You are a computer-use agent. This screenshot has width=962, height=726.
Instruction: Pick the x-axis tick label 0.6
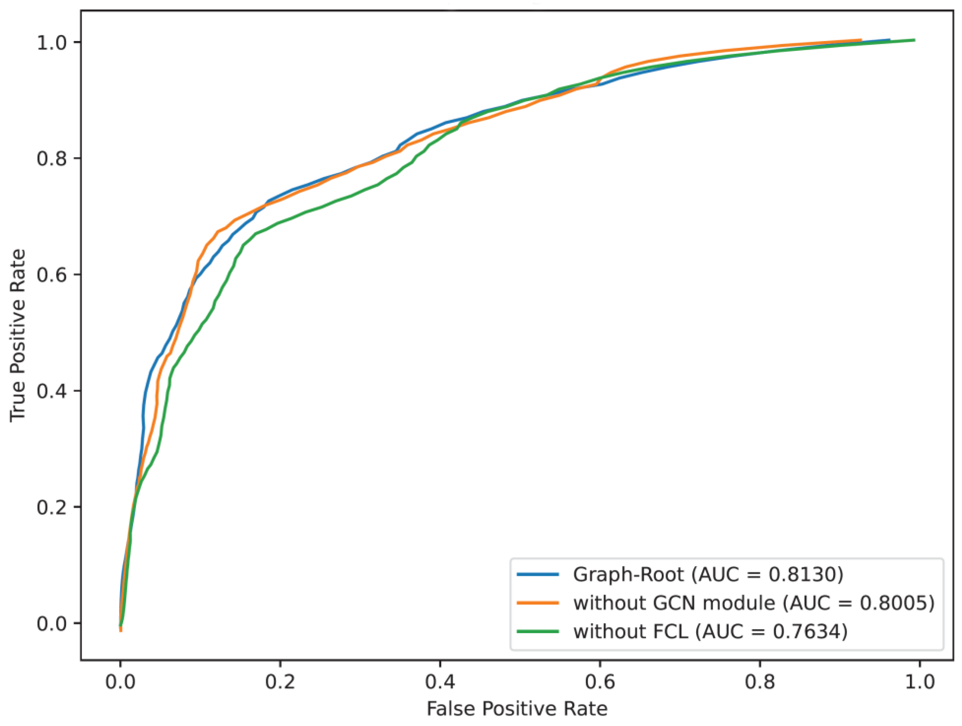point(600,681)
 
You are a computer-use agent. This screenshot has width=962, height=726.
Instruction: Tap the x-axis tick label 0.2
point(280,681)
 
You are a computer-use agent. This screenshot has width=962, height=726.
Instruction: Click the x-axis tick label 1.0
point(919,681)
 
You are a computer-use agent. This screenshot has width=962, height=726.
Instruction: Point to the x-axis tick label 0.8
point(760,681)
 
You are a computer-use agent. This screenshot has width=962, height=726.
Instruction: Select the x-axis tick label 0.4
point(440,681)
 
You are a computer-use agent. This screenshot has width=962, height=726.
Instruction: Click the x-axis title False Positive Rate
point(517,709)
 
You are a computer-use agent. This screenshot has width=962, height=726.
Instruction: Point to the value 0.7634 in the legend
point(807,631)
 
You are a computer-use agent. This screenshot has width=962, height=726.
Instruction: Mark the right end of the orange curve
point(861,40)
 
